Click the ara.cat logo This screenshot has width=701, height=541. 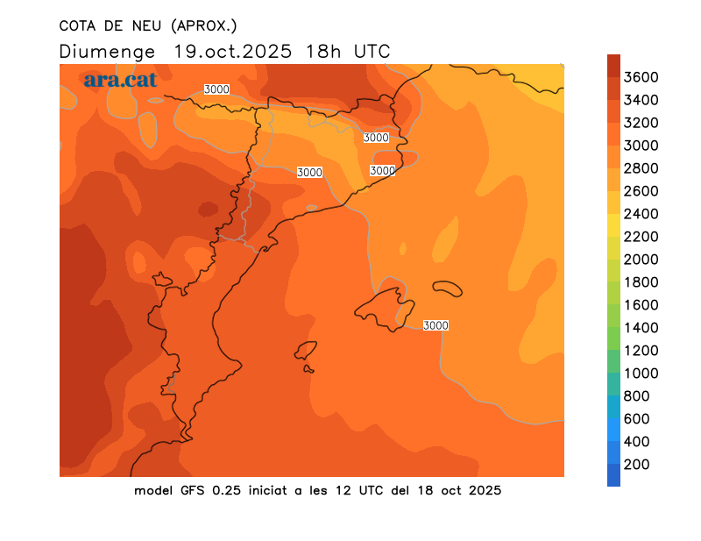pos(120,80)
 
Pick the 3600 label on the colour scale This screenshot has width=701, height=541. pos(641,77)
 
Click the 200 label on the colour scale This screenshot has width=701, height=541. pos(637,465)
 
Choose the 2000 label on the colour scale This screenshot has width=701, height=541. pos(641,260)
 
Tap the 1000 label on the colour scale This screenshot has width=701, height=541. pos(641,374)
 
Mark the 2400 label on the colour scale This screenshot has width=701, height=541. pos(641,214)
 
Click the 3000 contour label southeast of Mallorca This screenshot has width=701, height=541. pos(435,325)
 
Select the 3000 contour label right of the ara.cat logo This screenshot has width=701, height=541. pos(216,89)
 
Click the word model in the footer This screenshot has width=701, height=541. pos(154,490)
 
